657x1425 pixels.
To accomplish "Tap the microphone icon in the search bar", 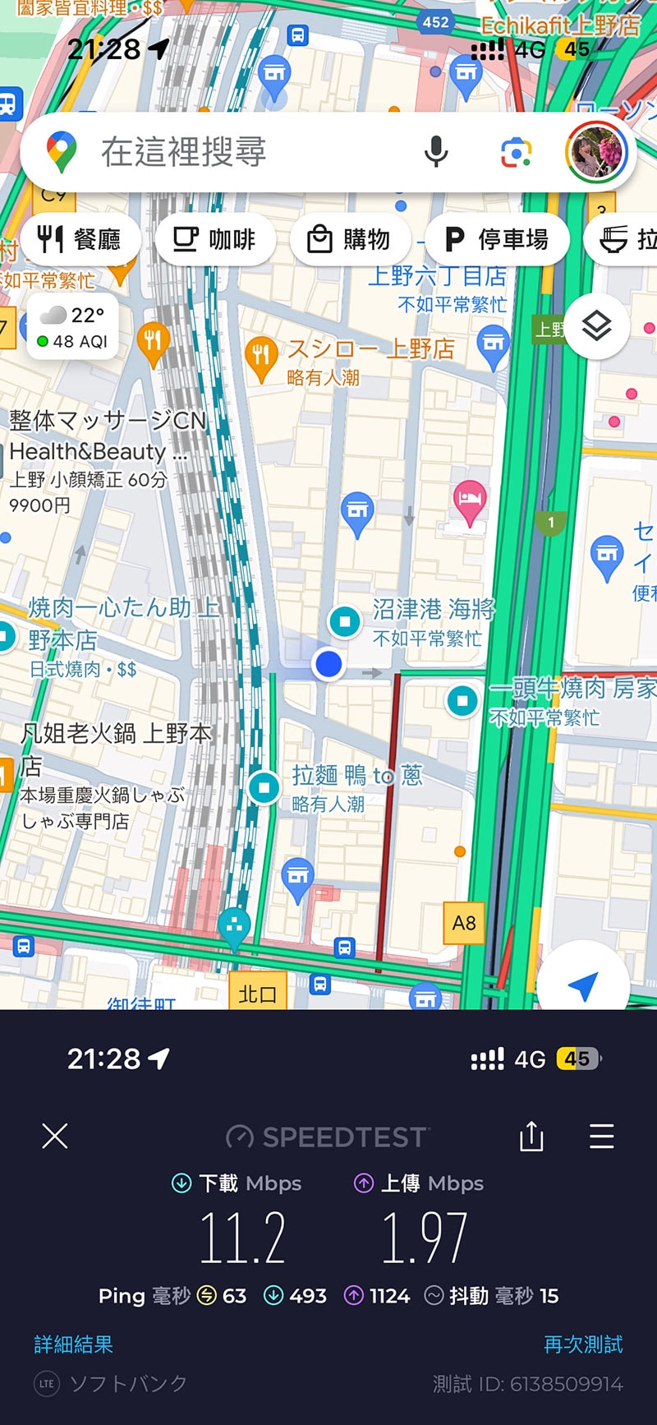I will (436, 152).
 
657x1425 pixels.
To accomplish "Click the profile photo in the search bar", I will (596, 152).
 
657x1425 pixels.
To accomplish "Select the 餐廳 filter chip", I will (80, 240).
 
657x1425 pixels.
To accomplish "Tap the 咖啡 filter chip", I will (215, 240).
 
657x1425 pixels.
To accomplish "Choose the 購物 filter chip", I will (349, 240).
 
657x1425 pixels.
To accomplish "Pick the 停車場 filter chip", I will (496, 240).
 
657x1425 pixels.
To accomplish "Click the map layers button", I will (597, 326).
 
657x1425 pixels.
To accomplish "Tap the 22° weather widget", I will (73, 326).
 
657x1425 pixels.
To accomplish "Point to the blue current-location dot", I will (328, 663).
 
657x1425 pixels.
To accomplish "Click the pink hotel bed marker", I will (470, 500).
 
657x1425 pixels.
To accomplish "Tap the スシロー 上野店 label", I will (370, 348).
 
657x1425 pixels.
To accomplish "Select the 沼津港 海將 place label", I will (434, 610).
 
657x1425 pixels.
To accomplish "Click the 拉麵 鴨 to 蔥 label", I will (357, 775).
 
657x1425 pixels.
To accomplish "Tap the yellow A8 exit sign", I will (464, 923).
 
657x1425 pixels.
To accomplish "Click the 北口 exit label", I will (257, 994).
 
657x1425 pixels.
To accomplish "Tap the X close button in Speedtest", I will (55, 1137).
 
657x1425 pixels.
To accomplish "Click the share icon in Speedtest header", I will (531, 1137).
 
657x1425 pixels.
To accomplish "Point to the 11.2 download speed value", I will (243, 1238).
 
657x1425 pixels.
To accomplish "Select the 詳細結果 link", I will (74, 1344).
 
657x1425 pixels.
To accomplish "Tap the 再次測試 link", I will (583, 1344).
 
